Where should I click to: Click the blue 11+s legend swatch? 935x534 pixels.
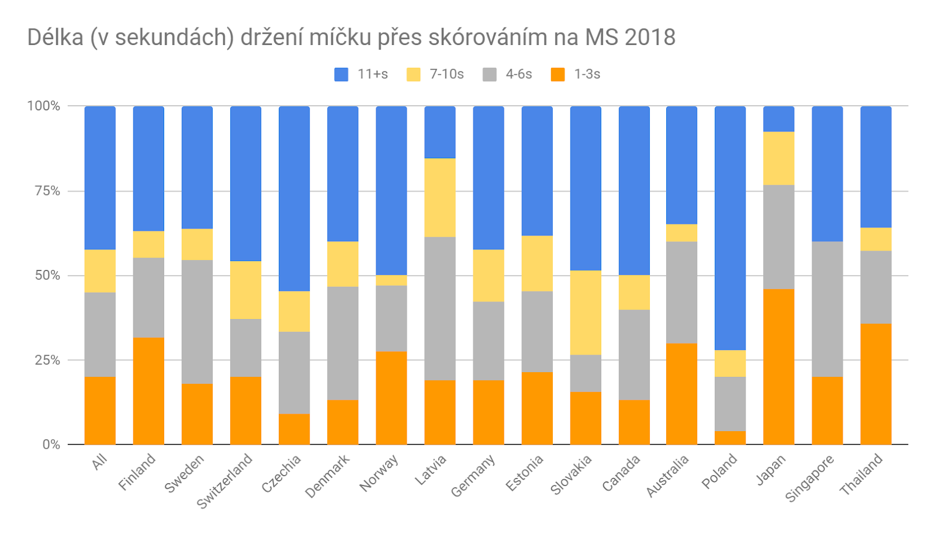point(341,74)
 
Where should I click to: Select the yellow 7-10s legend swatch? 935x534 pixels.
point(413,74)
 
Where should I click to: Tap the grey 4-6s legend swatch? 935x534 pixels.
point(490,74)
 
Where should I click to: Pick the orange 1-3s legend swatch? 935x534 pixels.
point(558,74)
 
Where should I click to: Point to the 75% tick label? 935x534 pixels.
point(47,191)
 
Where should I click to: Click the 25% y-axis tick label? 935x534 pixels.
point(47,360)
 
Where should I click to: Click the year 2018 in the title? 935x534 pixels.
point(650,37)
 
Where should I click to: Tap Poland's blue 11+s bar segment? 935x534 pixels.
point(730,228)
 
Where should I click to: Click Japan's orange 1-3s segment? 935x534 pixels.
point(778,367)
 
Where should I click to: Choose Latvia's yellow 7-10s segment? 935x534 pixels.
point(439,197)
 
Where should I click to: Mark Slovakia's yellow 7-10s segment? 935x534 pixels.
point(585,313)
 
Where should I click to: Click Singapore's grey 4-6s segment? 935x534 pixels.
point(827,309)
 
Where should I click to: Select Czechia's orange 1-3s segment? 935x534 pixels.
point(294,429)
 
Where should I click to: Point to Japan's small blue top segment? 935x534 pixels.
point(778,119)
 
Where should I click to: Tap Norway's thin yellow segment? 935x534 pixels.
point(391,280)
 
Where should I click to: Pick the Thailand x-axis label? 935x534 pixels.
point(861,475)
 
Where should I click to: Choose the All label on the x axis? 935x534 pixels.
point(100,462)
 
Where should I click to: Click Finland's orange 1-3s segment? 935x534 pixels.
point(148,391)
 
